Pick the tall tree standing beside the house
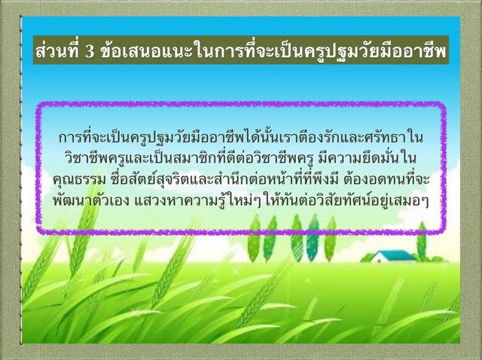pyautogui.click(x=422, y=241)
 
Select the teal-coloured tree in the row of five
pyautogui.click(x=313, y=237)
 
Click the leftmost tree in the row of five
pyautogui.click(x=254, y=238)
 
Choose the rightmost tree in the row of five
pyautogui.click(x=330, y=239)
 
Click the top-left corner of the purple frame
pyautogui.click(x=38, y=105)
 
